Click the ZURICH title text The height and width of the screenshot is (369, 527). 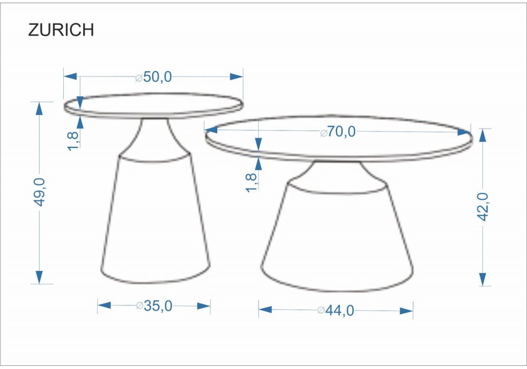[61, 30]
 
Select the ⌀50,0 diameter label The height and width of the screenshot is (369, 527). [153, 77]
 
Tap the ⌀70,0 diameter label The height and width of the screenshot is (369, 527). [338, 131]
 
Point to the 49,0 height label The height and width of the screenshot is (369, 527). [40, 192]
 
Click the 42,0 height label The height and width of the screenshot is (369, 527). [483, 207]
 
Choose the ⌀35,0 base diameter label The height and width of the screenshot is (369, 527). [154, 306]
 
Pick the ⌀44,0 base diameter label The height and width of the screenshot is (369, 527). [336, 310]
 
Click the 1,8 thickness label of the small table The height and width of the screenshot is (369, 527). [73, 141]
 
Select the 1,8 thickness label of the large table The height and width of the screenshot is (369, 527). [251, 182]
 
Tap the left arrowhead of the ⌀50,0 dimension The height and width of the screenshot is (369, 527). [70, 76]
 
